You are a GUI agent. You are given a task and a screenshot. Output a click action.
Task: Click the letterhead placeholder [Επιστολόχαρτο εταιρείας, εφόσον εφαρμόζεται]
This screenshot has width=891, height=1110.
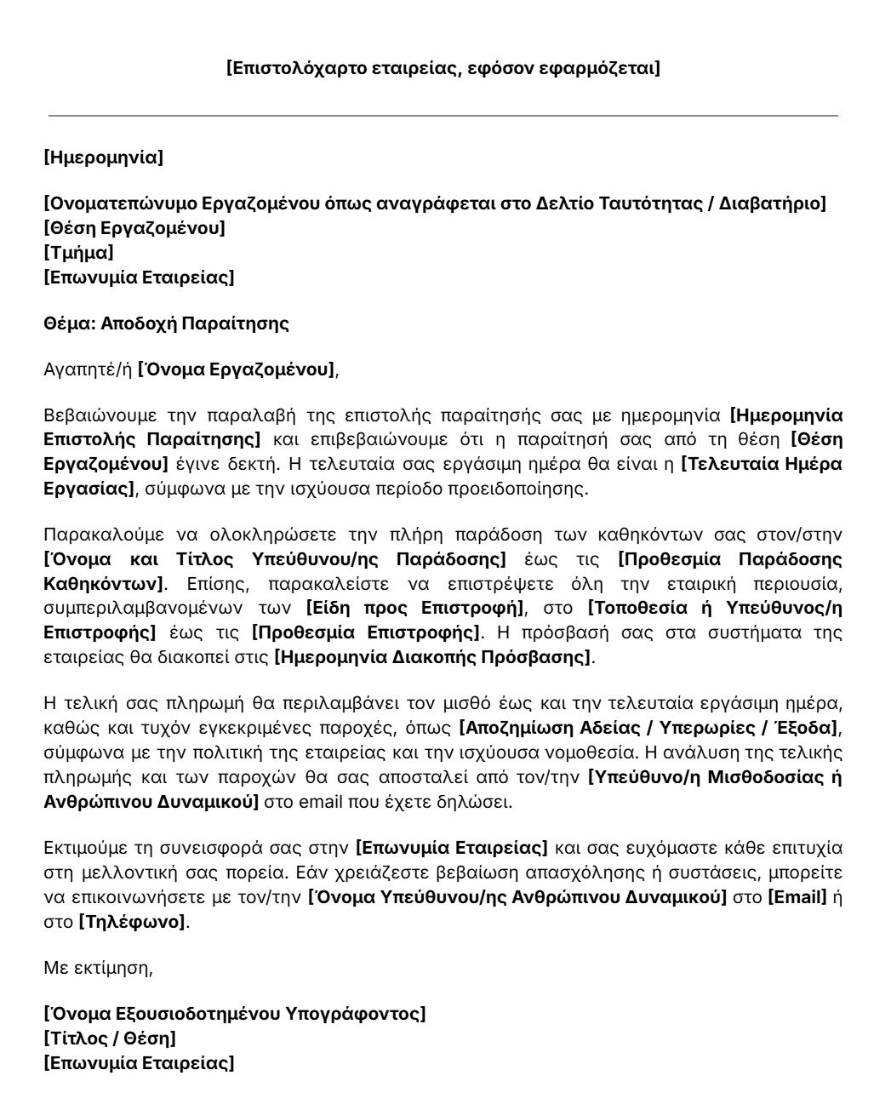(x=443, y=68)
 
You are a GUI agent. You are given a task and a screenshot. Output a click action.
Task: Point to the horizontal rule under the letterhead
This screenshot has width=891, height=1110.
(x=443, y=116)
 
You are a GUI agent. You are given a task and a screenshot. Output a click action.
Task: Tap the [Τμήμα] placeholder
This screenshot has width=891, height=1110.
(x=78, y=253)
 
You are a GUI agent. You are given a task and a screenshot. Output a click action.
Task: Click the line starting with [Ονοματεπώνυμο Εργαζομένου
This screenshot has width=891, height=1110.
(x=434, y=203)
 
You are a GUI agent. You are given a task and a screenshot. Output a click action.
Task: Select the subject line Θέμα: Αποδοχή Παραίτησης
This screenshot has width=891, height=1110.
(x=166, y=323)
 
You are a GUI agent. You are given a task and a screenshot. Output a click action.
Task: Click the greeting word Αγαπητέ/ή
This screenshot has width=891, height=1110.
(x=88, y=369)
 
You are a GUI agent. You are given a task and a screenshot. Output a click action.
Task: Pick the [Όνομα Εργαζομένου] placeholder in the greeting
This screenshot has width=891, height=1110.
(x=237, y=369)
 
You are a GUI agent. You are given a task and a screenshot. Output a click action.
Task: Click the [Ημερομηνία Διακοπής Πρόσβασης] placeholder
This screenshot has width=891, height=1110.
(x=432, y=657)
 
